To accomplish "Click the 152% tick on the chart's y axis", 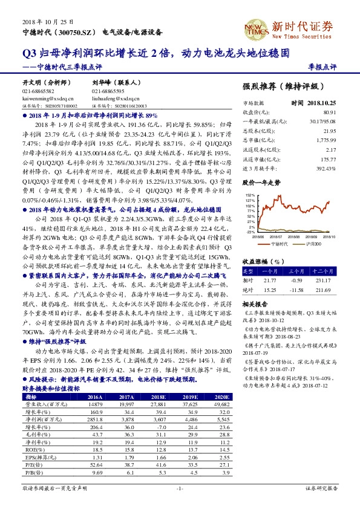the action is click(250, 195).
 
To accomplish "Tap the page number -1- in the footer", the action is click(180, 487).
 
